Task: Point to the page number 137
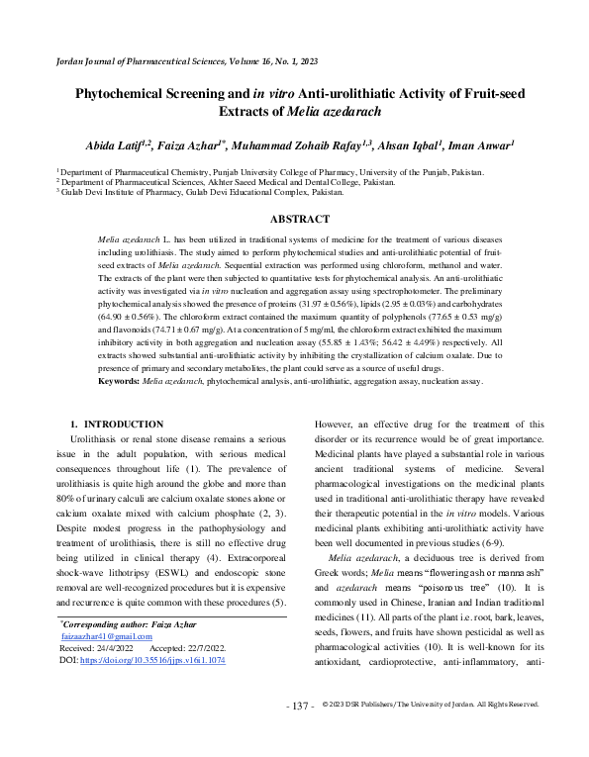pyautogui.click(x=300, y=734)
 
